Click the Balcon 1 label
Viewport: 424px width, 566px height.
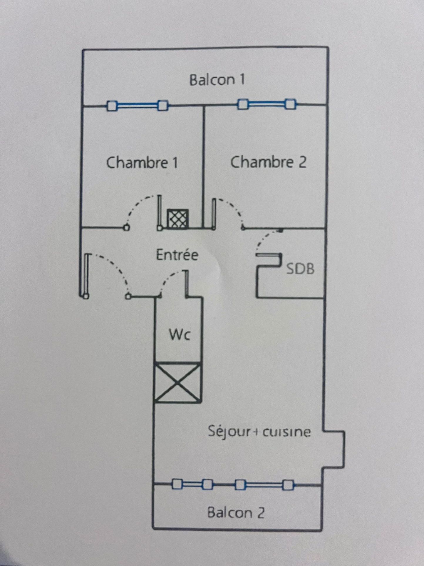[x=217, y=80]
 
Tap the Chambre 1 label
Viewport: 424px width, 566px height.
[x=142, y=162]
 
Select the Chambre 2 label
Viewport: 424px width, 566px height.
[x=268, y=162]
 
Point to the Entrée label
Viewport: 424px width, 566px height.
[x=177, y=255]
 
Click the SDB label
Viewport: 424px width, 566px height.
[x=300, y=269]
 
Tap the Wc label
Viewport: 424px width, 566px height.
[x=180, y=334]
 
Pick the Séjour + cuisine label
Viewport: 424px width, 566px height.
[x=259, y=432]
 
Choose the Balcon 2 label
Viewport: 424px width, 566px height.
[x=236, y=512]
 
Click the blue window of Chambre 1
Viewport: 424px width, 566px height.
[x=137, y=105]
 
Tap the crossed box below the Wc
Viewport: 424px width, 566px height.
[x=177, y=383]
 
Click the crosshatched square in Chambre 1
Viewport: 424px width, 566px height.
[x=178, y=218]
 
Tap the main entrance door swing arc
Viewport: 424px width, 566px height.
[x=115, y=266]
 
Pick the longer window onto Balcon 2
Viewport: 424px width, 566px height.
[x=264, y=485]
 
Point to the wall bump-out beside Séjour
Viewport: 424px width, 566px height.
[x=334, y=449]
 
